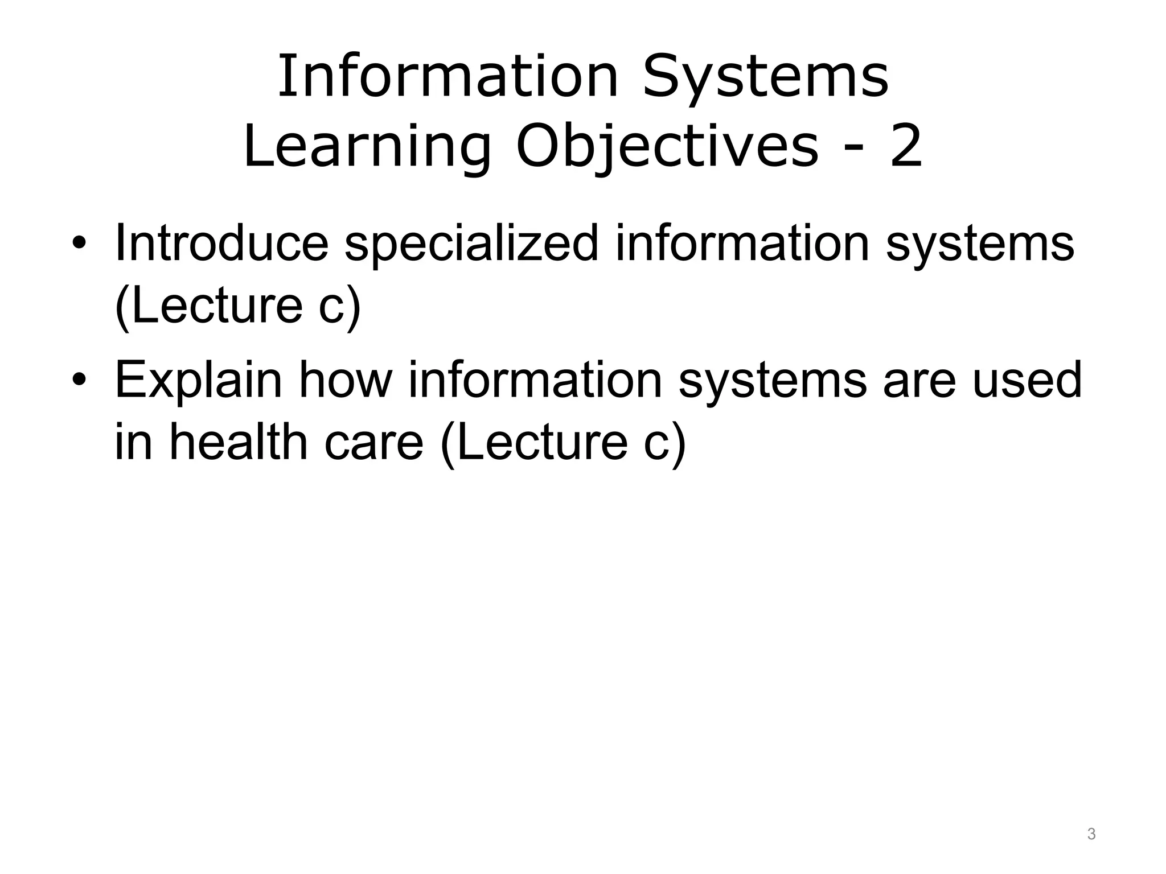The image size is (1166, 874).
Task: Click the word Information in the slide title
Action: pos(447,77)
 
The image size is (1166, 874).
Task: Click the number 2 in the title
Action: pos(905,147)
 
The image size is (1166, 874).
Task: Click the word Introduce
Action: pos(222,244)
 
